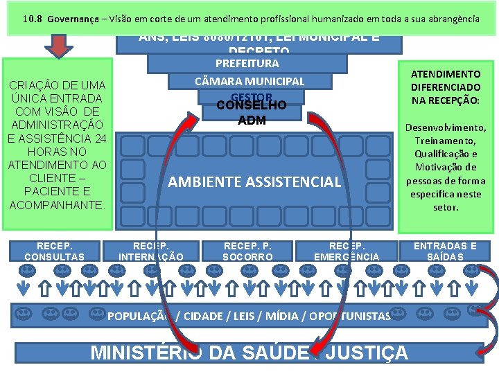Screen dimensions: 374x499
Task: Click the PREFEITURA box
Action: pyautogui.click(x=247, y=63)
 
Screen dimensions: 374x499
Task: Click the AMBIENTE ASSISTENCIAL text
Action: pyautogui.click(x=254, y=182)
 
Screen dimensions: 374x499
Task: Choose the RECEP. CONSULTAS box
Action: pyautogui.click(x=54, y=251)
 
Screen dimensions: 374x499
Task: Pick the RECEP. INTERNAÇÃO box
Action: pyautogui.click(x=151, y=251)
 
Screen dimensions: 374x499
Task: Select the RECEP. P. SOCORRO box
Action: pyautogui.click(x=247, y=251)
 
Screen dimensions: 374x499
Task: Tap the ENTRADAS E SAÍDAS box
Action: pyautogui.click(x=445, y=251)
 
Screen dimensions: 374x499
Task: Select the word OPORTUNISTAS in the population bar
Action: pyautogui.click(x=350, y=316)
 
